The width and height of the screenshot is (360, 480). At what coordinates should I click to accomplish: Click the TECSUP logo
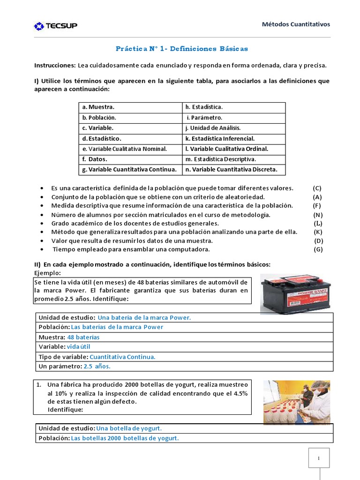56,26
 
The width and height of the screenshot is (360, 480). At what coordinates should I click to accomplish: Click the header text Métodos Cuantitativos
296,24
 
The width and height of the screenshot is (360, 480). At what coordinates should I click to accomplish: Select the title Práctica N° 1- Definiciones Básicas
182,48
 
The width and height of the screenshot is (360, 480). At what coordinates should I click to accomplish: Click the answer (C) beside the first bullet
317,188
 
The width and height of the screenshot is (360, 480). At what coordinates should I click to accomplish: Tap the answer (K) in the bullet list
318,232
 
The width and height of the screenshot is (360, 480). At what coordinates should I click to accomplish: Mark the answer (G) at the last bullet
318,249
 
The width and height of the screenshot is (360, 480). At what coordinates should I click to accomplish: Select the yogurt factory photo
296,402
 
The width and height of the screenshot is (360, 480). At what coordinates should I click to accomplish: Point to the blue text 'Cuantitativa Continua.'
122,357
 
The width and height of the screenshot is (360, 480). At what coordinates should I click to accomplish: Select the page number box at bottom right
319,458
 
